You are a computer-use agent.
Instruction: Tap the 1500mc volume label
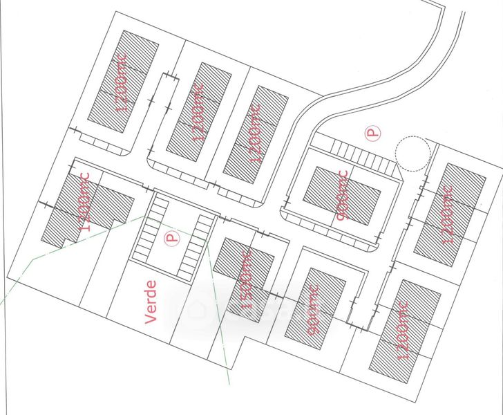point(245,283)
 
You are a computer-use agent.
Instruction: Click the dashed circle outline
point(412,153)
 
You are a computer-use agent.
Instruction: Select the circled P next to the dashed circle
point(372,132)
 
